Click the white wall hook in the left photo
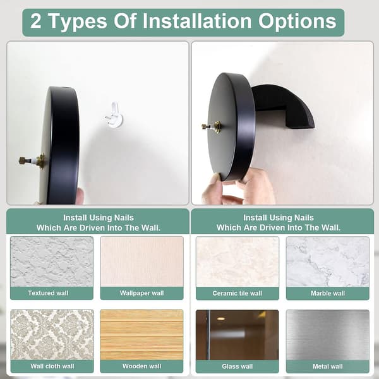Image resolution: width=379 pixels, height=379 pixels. tap(114, 116)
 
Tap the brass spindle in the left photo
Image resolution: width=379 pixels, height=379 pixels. tap(32, 160)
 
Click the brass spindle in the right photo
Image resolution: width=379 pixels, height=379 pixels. tap(212, 127)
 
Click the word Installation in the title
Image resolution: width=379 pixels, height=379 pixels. tap(197, 21)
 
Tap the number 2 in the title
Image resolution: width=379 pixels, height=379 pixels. tap(35, 21)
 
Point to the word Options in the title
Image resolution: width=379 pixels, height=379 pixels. tap(297, 21)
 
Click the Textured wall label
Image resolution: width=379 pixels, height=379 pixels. tap(49, 293)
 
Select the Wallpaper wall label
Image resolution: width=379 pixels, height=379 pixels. tap(142, 293)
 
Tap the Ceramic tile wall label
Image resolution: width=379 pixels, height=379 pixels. tap(237, 293)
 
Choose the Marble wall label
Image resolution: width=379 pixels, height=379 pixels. tap(328, 293)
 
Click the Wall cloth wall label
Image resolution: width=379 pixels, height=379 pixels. tap(52, 366)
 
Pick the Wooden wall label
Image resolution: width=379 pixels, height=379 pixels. tap(141, 366)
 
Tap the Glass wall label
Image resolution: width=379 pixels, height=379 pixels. tap(238, 366)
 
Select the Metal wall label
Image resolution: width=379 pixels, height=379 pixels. tap(328, 366)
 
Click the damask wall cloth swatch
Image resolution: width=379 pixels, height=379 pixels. tap(52, 335)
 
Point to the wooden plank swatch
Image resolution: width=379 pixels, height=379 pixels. tap(141, 335)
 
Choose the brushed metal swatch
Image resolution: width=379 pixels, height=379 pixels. tap(328, 335)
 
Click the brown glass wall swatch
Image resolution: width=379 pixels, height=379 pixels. tap(238, 335)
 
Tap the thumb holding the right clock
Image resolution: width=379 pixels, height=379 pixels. tap(212, 188)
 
